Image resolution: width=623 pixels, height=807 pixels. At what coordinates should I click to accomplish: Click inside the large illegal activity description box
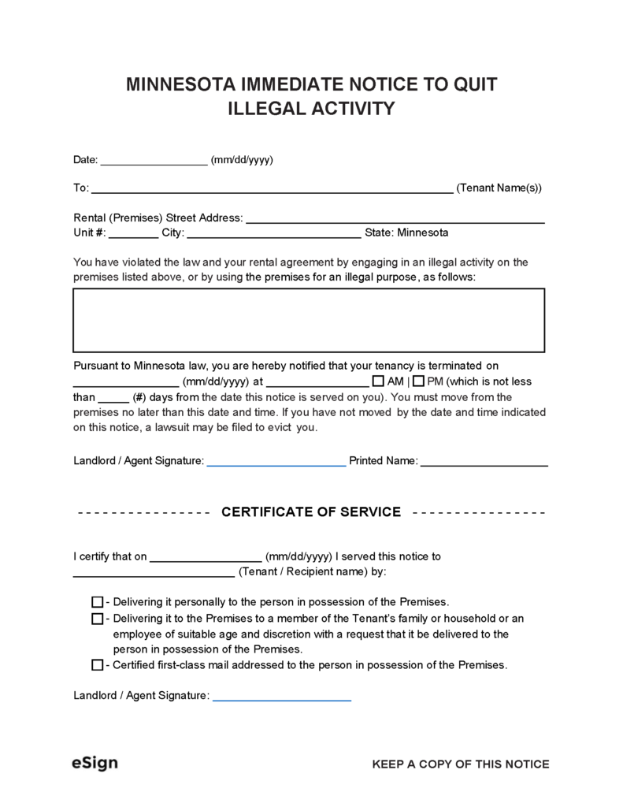pos(308,320)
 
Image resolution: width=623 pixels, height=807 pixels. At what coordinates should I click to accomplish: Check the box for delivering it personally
pos(98,601)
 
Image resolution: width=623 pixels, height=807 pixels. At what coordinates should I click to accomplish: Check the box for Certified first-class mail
pos(98,665)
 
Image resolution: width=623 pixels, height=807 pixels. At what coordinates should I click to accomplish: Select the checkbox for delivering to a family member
pos(98,619)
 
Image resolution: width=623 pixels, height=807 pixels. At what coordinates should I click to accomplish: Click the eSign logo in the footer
pos(95,764)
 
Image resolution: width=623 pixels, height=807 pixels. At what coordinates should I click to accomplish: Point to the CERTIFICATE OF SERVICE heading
pos(311,512)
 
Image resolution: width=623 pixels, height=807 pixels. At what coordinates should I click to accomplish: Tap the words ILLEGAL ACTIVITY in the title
pos(311,109)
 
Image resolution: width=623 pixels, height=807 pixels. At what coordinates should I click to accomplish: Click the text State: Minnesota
pos(406,233)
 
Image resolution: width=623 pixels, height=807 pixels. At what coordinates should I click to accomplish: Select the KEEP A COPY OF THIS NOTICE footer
pos(460,764)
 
